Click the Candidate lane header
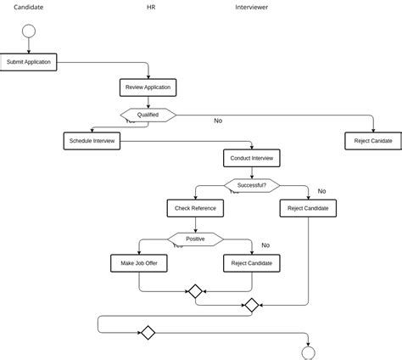(29, 7)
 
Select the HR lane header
(151, 7)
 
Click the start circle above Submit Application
(29, 31)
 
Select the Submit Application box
(29, 62)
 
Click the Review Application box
(148, 87)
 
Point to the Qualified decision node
(148, 115)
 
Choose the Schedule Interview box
(92, 141)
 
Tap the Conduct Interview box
(251, 158)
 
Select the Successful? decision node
(251, 184)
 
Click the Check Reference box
(195, 208)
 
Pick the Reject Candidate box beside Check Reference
(307, 208)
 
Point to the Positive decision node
(195, 239)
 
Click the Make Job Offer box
(139, 264)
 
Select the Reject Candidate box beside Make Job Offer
(252, 264)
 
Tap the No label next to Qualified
(218, 121)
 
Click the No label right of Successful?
(321, 191)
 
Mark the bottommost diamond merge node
(148, 333)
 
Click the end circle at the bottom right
(308, 353)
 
